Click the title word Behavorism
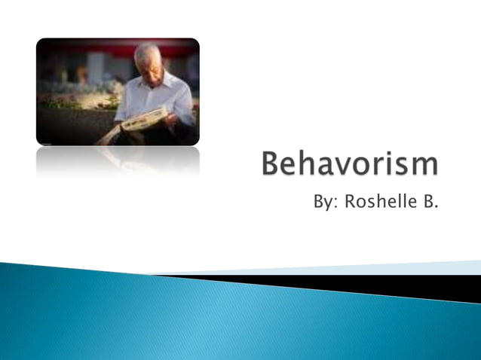349,165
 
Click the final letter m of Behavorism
424,167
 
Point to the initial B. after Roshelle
429,203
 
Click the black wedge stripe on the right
392,286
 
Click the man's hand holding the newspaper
171,118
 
